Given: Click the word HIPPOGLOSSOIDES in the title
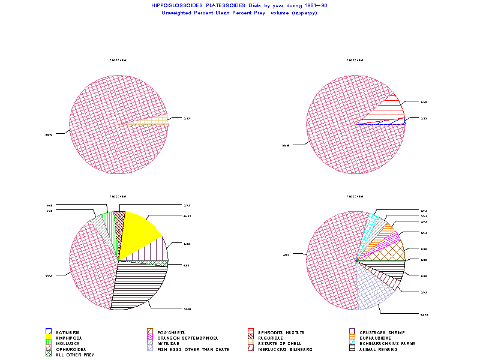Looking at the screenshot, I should [x=173, y=5].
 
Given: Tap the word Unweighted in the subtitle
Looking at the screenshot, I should [x=175, y=13].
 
